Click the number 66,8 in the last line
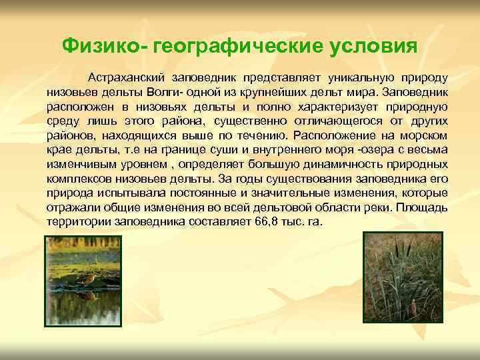(x=257, y=222)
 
